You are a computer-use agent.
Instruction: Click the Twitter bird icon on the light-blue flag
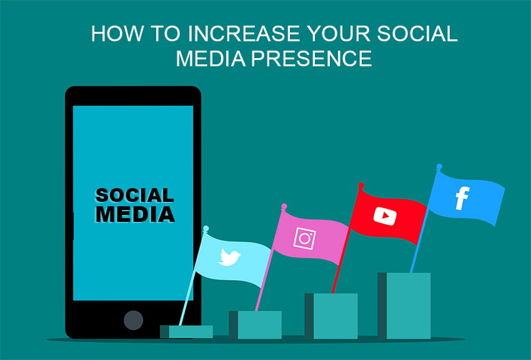[x=229, y=257]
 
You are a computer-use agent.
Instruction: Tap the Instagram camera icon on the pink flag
[x=305, y=238]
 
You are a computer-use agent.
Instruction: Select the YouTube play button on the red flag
[x=385, y=216]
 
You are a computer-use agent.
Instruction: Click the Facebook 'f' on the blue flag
[x=462, y=198]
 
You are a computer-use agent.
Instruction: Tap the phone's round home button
[x=133, y=320]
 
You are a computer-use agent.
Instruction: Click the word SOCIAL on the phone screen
[x=134, y=196]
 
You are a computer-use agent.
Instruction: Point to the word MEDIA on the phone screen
[x=134, y=214]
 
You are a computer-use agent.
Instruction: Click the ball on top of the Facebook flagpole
[x=439, y=167]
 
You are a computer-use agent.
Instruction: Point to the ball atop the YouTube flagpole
[x=360, y=186]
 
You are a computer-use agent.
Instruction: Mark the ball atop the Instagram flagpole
[x=284, y=206]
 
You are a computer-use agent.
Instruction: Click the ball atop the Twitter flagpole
[x=206, y=229]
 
